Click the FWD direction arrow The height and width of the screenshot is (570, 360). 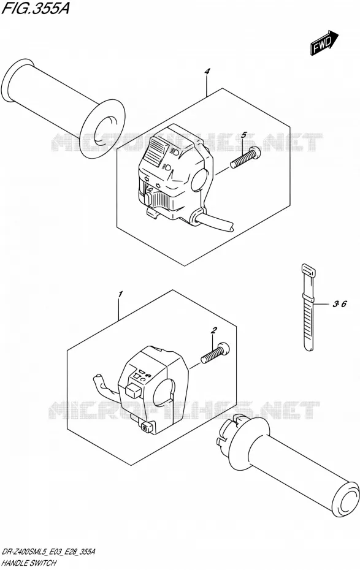[324, 42]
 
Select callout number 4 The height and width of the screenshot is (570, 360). [207, 72]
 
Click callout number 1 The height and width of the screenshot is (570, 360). [120, 294]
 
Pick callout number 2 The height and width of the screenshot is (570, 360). [214, 330]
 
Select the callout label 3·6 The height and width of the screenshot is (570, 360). [340, 304]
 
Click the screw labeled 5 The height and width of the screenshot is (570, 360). [246, 157]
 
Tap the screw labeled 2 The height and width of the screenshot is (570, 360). [215, 352]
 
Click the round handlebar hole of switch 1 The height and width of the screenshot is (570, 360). [163, 394]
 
